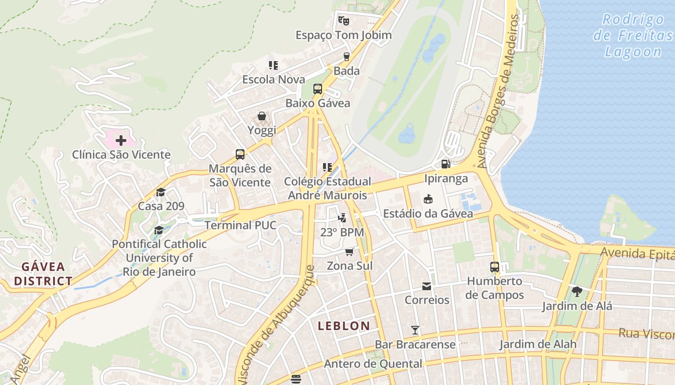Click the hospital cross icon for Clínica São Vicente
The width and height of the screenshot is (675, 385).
(121, 141)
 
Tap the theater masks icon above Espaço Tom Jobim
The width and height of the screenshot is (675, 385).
(343, 21)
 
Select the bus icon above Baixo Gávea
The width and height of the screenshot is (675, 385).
(317, 89)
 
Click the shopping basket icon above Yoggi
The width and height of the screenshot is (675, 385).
(261, 116)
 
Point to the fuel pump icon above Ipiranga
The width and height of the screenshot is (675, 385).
(446, 164)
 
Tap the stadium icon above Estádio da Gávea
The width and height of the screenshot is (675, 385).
(428, 199)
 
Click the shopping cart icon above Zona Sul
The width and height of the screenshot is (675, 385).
(350, 252)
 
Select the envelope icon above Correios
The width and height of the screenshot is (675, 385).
(427, 286)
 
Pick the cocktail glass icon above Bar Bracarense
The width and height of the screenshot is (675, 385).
(415, 330)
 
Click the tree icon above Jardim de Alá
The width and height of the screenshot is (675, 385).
(577, 291)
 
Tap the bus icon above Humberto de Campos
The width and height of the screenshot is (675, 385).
(494, 267)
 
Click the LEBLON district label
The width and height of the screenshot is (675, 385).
(344, 326)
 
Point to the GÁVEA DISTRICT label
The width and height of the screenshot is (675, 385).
(43, 274)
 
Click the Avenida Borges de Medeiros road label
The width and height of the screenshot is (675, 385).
(497, 91)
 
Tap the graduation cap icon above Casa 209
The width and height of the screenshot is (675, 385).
(161, 192)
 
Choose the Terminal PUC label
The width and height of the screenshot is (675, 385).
(240, 225)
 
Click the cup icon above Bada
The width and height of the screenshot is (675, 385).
(346, 57)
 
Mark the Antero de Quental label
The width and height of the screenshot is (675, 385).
(373, 364)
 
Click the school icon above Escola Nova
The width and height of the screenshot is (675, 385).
(273, 65)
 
